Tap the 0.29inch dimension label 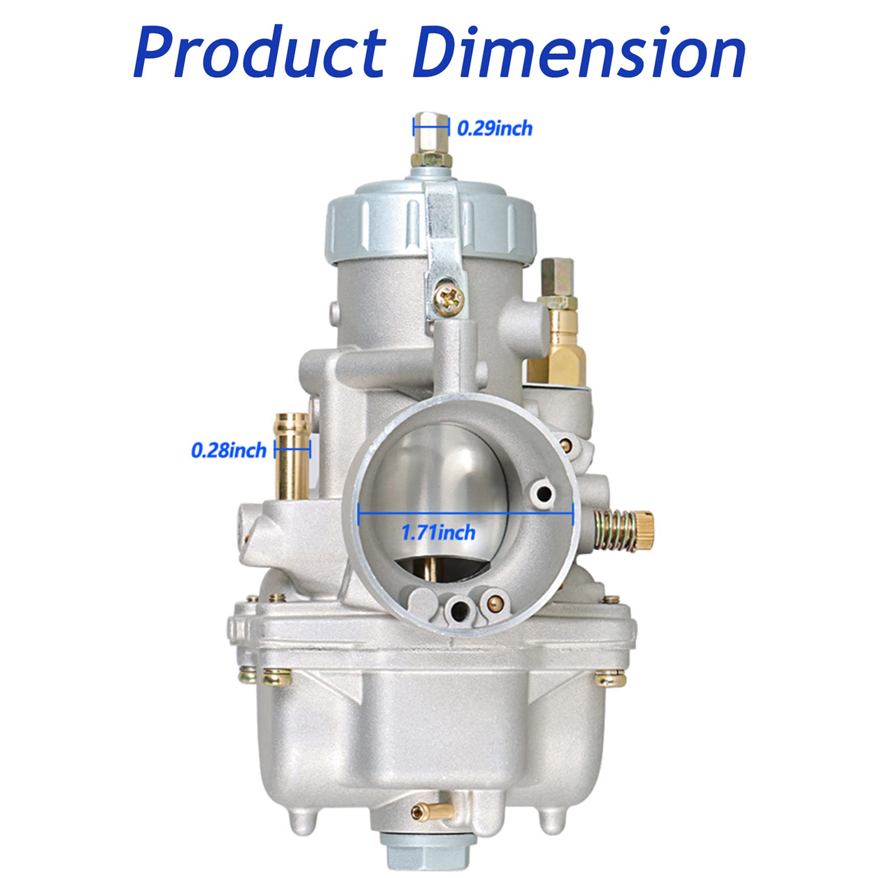[495, 128]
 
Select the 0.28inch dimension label [229, 450]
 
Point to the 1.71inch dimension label [438, 532]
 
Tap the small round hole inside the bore [544, 494]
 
